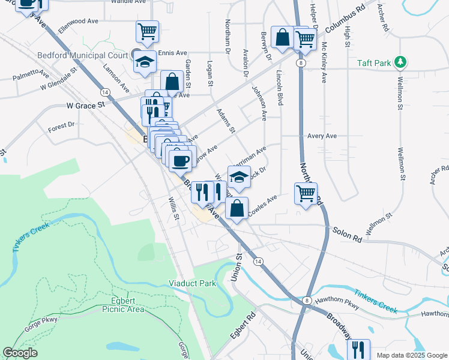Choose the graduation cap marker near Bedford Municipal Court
pyautogui.click(x=144, y=61)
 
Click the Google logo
pyautogui.click(x=20, y=352)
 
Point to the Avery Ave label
pyautogui.click(x=322, y=136)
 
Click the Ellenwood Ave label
pyautogui.click(x=77, y=21)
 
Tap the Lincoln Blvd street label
pyautogui.click(x=279, y=89)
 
